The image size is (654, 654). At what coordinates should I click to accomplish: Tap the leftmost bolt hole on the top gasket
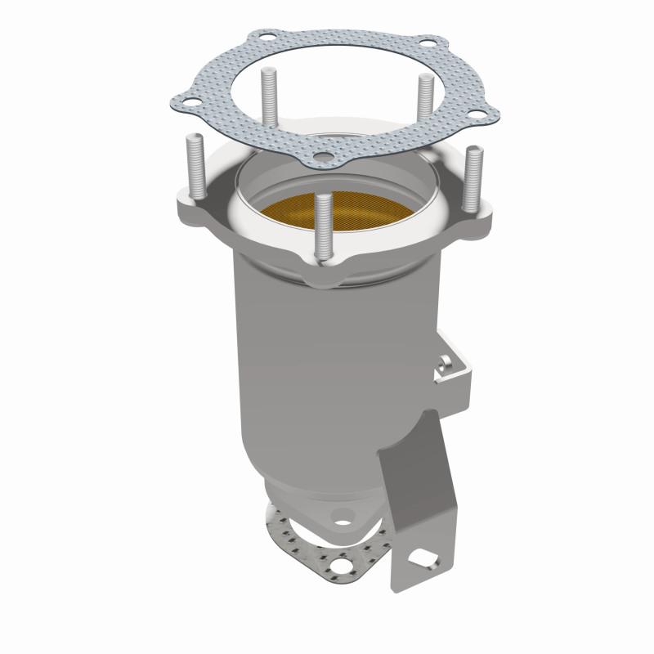[186, 102]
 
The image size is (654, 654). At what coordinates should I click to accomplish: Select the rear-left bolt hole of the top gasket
[267, 38]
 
